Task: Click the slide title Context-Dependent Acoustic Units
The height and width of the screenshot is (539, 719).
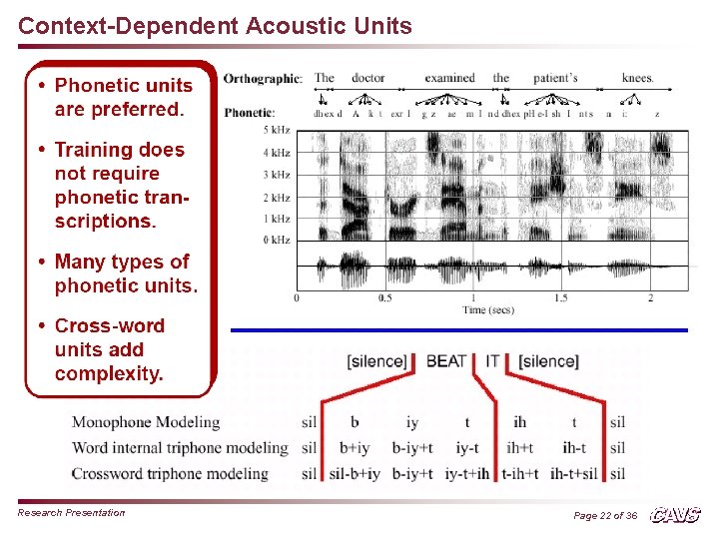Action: click(x=215, y=26)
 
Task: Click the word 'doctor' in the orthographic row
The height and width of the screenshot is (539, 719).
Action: click(x=367, y=78)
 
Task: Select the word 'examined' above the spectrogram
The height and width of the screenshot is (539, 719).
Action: click(x=449, y=78)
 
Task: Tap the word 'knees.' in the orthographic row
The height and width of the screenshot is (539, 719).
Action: click(x=637, y=78)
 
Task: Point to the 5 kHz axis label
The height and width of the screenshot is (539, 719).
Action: click(x=277, y=131)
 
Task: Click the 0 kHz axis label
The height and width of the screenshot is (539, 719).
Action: click(x=277, y=240)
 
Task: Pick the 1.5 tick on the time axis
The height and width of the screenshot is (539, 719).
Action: click(x=560, y=298)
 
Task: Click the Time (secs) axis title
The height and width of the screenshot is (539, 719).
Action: click(x=488, y=310)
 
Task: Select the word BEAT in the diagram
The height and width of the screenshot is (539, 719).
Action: click(x=445, y=360)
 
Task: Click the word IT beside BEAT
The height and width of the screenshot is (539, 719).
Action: click(x=492, y=360)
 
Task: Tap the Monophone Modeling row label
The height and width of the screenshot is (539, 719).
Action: click(x=146, y=422)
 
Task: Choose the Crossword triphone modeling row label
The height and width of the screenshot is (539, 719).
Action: click(x=170, y=473)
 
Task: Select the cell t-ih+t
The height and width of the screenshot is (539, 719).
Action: click(x=520, y=473)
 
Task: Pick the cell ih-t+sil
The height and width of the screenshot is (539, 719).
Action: click(x=574, y=473)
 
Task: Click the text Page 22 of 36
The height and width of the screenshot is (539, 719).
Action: click(x=605, y=515)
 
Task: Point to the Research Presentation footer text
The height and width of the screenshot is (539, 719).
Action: click(x=72, y=513)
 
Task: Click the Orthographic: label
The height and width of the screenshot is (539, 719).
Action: click(x=263, y=79)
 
